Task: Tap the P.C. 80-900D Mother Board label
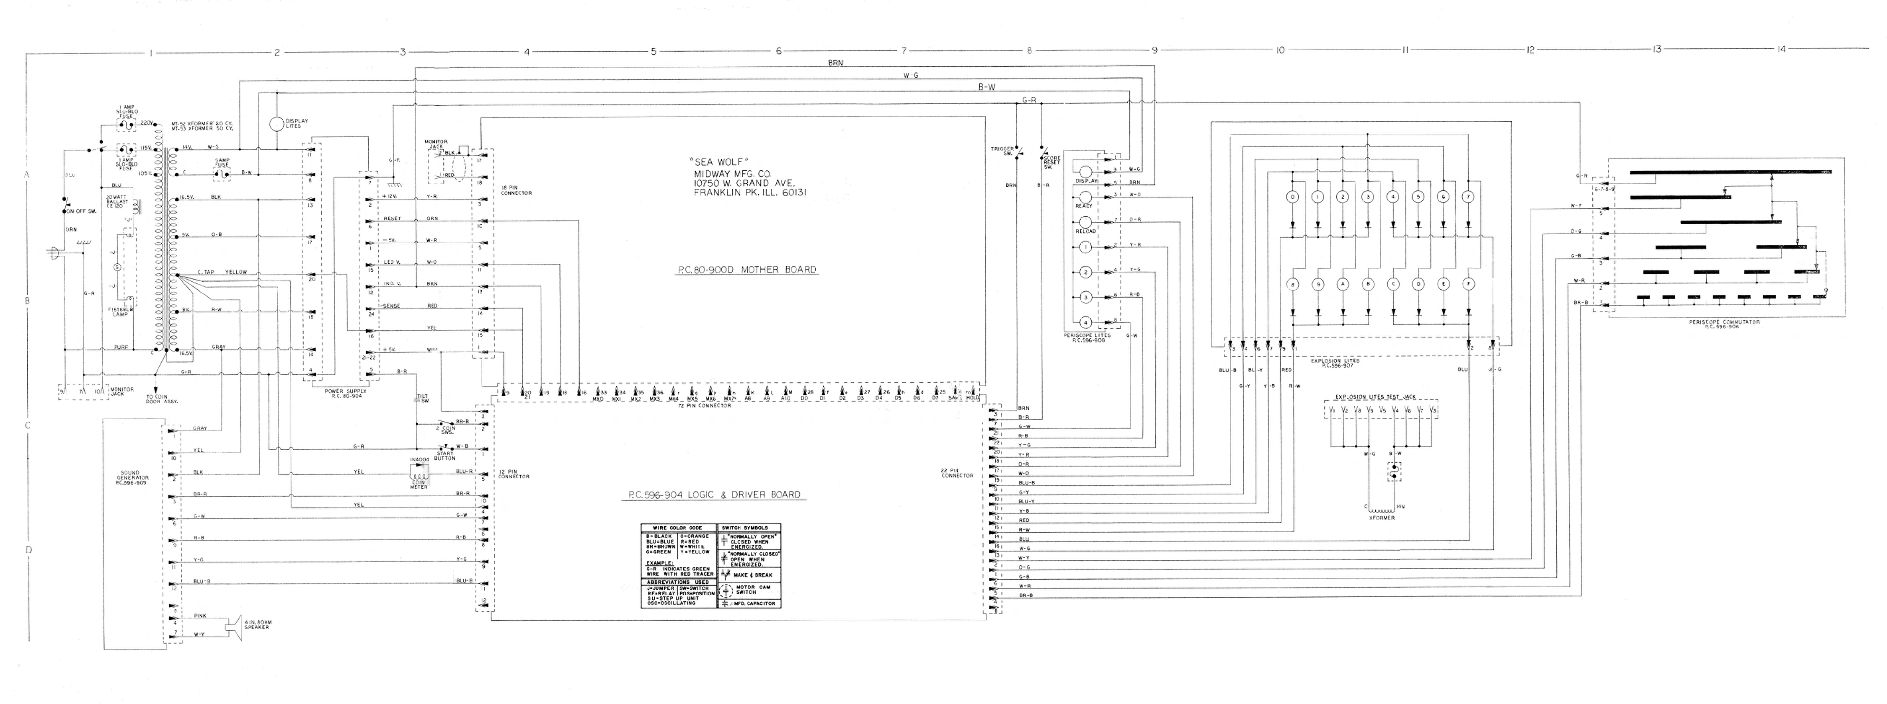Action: (x=746, y=270)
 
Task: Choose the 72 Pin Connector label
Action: (x=705, y=405)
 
